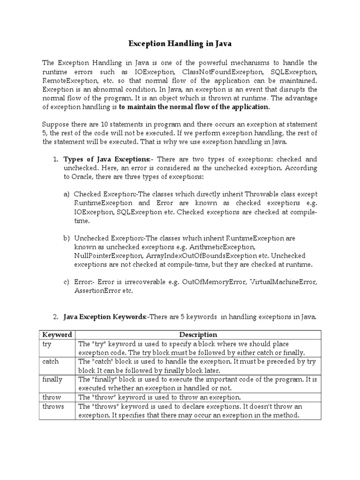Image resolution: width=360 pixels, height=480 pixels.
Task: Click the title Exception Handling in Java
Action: point(180,44)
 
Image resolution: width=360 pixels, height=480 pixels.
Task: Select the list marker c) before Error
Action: point(67,282)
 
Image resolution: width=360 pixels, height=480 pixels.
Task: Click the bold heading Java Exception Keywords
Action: point(105,317)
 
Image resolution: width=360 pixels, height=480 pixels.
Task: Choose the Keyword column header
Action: point(57,335)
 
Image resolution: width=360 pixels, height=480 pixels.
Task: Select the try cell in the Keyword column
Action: point(47,344)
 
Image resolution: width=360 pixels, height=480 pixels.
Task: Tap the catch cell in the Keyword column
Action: point(50,361)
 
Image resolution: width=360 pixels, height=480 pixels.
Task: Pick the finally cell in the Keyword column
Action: point(52,379)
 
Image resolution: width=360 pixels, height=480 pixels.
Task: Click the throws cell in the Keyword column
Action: point(53,406)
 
